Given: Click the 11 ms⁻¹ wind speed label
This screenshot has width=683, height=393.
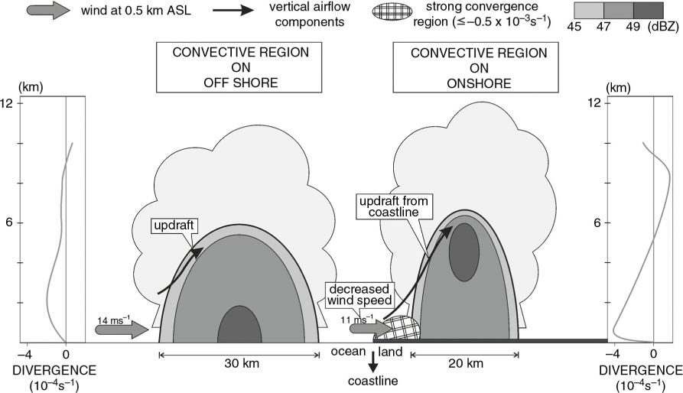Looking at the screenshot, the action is click(x=356, y=320).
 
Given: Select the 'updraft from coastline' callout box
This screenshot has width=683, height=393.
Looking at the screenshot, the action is click(x=394, y=206).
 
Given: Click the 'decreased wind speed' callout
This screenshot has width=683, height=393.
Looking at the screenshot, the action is click(x=359, y=294).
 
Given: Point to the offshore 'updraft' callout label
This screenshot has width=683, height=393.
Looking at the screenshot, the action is click(x=174, y=226).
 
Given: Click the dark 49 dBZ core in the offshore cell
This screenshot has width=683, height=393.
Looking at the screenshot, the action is click(x=239, y=324).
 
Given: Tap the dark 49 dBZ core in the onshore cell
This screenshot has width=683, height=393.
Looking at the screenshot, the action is click(x=464, y=252).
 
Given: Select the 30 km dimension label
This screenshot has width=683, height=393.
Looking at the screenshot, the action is click(x=242, y=363).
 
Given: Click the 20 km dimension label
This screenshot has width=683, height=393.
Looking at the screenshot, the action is click(x=466, y=363).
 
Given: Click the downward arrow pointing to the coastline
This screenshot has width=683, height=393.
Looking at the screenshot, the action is click(x=373, y=361).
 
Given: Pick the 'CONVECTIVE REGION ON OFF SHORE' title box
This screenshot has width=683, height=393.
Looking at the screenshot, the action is click(x=239, y=67).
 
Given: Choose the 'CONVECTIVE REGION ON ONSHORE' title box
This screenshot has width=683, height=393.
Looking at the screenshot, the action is click(x=476, y=67).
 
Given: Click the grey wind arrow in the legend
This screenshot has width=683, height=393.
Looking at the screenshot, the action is click(x=48, y=10).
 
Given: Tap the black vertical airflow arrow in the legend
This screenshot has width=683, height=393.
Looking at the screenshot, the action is click(x=233, y=10).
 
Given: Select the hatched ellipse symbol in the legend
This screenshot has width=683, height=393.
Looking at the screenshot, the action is click(x=392, y=11).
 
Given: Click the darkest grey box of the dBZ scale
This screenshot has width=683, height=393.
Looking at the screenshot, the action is click(x=648, y=11).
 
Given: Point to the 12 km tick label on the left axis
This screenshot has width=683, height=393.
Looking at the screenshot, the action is click(x=9, y=103).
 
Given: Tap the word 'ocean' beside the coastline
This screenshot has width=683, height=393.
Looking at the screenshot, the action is click(x=348, y=351).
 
